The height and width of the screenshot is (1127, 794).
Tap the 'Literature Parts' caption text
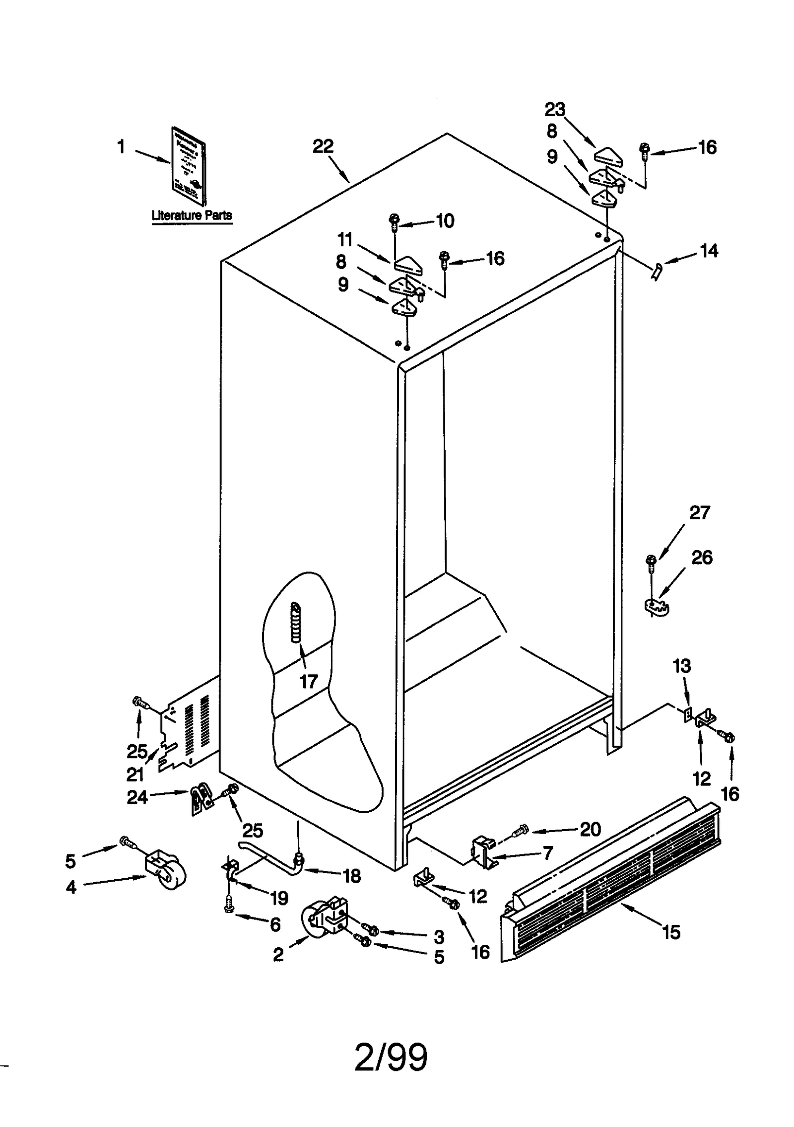[x=192, y=215]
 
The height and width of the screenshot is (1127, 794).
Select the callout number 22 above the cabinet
[x=323, y=146]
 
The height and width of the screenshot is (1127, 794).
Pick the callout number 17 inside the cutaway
[x=308, y=681]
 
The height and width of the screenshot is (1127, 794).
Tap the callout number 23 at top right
[x=555, y=109]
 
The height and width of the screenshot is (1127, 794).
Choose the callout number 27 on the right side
[x=700, y=512]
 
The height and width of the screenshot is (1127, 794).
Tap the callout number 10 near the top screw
[x=445, y=221]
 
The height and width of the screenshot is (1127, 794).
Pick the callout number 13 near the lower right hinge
[x=682, y=666]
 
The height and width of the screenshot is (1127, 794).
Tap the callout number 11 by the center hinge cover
[x=345, y=240]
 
